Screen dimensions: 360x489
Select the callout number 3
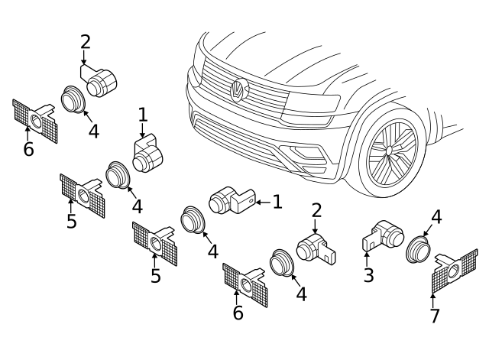[x=368, y=275]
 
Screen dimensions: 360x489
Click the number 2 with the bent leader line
[x=85, y=42]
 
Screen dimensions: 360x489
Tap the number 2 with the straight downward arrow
[x=316, y=210]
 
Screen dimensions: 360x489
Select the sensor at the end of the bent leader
[x=102, y=81]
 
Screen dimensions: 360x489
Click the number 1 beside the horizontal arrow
[x=277, y=202]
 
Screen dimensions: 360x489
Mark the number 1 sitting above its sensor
[x=143, y=115]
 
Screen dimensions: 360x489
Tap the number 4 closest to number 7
[x=436, y=217]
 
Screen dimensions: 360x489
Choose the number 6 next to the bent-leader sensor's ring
[x=28, y=149]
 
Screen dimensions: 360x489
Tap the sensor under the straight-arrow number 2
[x=315, y=248]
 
